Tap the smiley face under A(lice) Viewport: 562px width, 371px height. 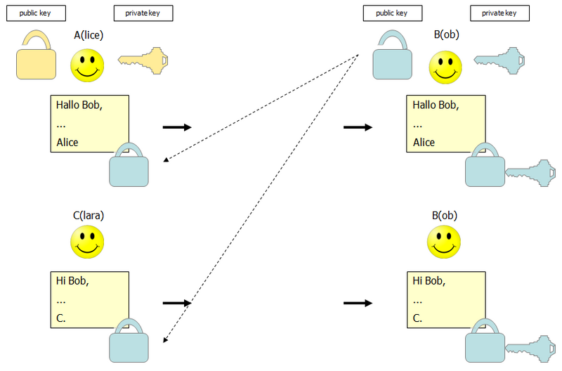(87, 65)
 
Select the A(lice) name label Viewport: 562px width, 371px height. (89, 34)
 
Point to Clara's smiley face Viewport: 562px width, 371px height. (87, 241)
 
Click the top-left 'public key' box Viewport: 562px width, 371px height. (33, 13)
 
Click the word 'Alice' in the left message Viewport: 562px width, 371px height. (68, 142)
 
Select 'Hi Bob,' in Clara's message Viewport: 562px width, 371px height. (72, 281)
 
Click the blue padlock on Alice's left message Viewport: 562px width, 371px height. (129, 166)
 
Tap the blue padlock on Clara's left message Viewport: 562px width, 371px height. (129, 341)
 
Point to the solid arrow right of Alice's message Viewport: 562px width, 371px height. (176, 127)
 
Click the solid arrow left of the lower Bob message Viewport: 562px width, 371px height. (358, 303)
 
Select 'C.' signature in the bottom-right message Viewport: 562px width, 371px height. (417, 318)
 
